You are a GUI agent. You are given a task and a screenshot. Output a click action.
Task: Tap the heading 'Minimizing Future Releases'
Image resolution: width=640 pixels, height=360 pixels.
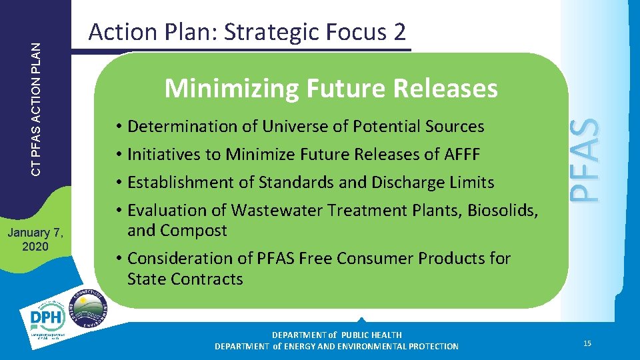331,88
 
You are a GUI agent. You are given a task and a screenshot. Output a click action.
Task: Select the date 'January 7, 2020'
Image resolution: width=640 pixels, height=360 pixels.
35,239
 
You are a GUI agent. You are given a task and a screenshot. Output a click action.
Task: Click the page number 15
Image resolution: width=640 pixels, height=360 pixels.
587,343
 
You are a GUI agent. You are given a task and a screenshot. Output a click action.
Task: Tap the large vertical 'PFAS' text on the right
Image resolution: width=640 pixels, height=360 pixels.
587,160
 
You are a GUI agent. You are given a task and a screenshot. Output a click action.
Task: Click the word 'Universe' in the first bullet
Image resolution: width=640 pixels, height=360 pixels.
290,126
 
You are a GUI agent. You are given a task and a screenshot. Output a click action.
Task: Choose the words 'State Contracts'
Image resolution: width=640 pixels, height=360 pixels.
185,279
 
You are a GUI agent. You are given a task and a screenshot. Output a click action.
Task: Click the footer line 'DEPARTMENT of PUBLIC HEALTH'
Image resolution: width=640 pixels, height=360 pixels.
337,335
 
